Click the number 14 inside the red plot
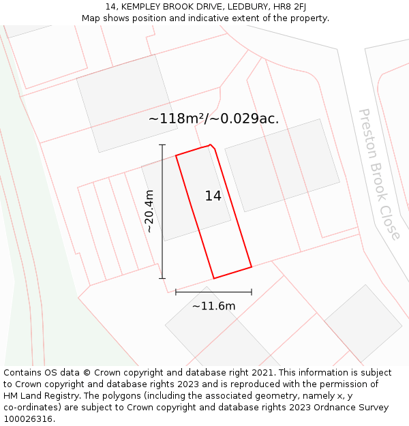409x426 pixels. [x=213, y=196]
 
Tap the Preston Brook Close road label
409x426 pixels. [x=380, y=174]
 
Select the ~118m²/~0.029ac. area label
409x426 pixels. [x=213, y=118]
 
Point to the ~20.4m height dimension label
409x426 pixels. [x=149, y=211]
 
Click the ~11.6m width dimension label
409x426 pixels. [x=213, y=306]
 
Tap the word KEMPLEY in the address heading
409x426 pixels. [x=141, y=6]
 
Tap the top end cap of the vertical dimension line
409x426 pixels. [x=162, y=145]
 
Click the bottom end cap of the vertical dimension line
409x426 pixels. [x=162, y=278]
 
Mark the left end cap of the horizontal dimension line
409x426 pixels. [x=176, y=292]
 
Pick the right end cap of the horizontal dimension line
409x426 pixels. [x=252, y=292]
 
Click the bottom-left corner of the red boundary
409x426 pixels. [x=214, y=278]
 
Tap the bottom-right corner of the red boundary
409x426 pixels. [x=252, y=267]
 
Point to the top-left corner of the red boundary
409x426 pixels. [x=176, y=155]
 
